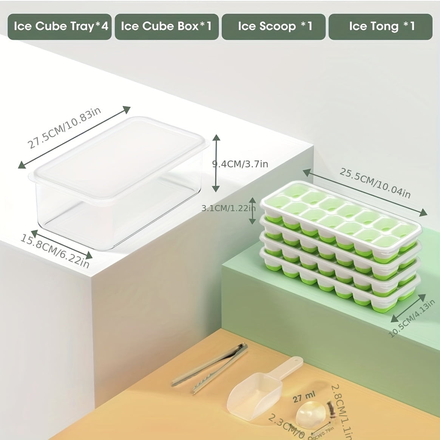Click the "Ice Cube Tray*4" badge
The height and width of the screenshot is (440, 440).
[60, 26]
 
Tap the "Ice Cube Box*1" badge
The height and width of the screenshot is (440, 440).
[167, 26]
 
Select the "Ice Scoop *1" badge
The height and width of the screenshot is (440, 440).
[273, 26]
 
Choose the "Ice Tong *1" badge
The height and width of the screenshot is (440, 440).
[380, 26]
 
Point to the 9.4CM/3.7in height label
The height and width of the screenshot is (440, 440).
[240, 164]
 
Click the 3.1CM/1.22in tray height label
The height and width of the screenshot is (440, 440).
[228, 208]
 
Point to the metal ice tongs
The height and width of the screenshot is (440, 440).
[210, 368]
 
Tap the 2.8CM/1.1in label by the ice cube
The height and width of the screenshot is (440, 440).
[341, 410]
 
